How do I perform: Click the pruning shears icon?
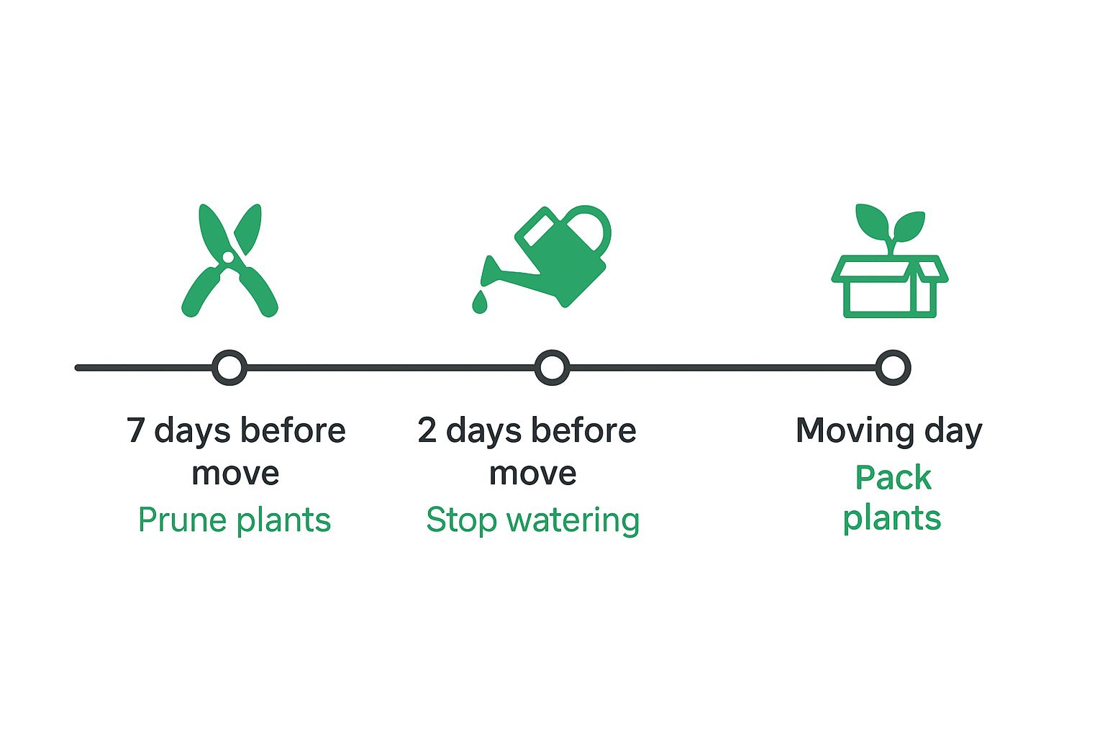[x=229, y=261]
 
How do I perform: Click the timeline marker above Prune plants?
[x=229, y=368]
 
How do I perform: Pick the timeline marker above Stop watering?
[x=552, y=368]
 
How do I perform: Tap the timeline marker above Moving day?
[x=893, y=368]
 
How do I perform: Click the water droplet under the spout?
[x=479, y=302]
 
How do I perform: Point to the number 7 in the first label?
[x=136, y=430]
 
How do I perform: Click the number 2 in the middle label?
[x=427, y=430]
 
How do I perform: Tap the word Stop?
[x=460, y=520]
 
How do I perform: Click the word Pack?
[x=893, y=477]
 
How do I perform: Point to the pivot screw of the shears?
[x=228, y=256]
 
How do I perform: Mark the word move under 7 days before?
[x=235, y=474]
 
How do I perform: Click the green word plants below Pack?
[x=892, y=518]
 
